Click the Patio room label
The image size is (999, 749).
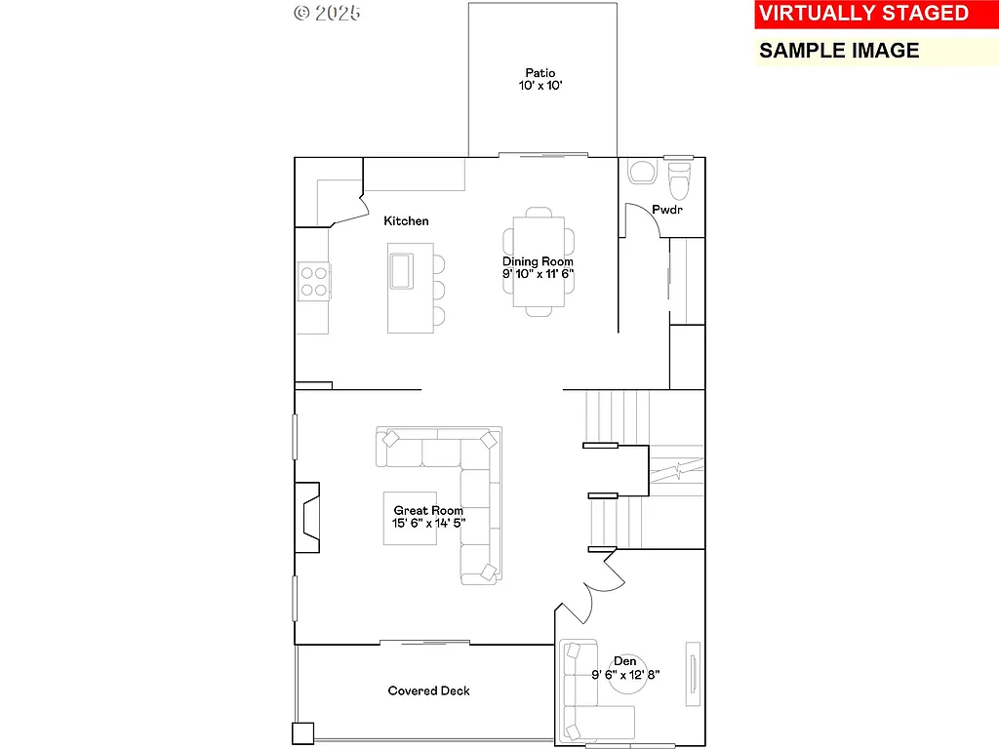click(539, 72)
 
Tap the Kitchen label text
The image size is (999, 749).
click(406, 221)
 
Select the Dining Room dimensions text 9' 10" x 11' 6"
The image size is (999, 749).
click(538, 275)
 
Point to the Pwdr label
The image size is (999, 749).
click(667, 210)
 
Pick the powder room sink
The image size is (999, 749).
click(643, 173)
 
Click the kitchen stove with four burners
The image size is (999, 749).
click(313, 281)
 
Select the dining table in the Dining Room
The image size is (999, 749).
click(538, 260)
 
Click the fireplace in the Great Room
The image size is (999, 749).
click(308, 518)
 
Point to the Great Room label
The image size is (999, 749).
click(428, 510)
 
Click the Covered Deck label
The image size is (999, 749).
click(428, 690)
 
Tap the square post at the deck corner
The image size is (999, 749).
click(302, 732)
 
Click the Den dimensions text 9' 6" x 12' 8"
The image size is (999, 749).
click(625, 674)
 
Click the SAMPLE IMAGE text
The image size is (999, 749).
click(839, 51)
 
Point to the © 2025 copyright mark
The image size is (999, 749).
click(327, 13)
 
